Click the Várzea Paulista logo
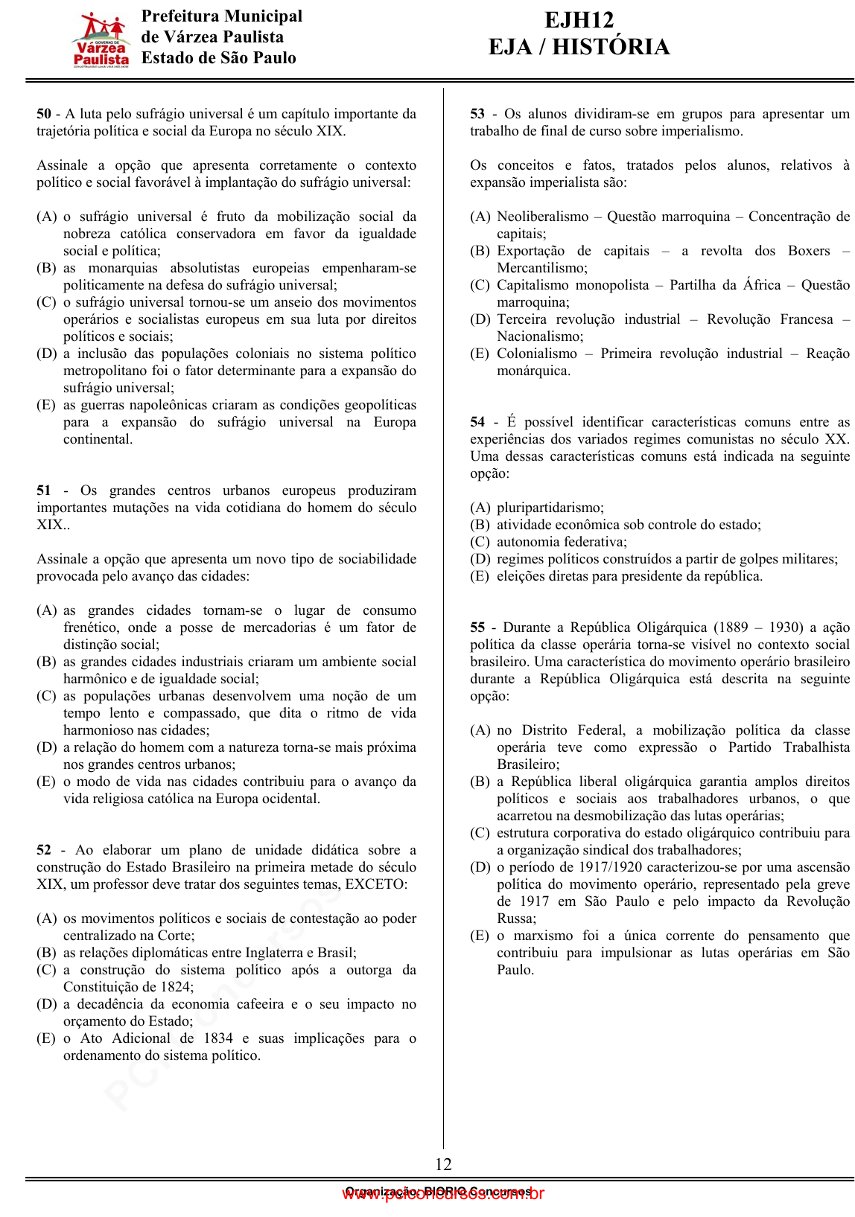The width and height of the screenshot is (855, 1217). (x=101, y=39)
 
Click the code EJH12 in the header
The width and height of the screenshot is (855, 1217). (x=579, y=20)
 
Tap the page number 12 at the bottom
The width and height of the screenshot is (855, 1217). (x=443, y=1164)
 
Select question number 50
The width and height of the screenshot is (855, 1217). (x=44, y=114)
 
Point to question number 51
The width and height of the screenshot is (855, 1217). (x=44, y=491)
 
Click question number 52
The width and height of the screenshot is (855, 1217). (x=44, y=850)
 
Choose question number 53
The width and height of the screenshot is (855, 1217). (x=477, y=114)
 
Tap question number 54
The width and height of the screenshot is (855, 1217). (x=477, y=422)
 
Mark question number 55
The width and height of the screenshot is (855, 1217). (x=477, y=627)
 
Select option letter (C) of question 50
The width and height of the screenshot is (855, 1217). (x=46, y=302)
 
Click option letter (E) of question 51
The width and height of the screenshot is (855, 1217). (x=46, y=782)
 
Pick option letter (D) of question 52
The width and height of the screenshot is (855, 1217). (x=46, y=1004)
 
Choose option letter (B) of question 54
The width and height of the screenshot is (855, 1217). (x=480, y=525)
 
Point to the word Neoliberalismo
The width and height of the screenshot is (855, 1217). (x=542, y=217)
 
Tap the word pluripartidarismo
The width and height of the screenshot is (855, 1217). (x=550, y=508)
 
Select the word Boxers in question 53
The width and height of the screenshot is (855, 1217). (x=808, y=251)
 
